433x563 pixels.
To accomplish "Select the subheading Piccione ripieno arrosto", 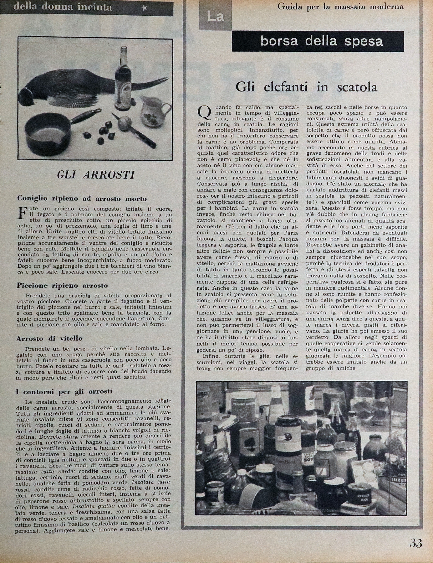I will (x=62, y=286).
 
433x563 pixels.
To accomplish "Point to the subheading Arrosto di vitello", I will (x=49, y=338).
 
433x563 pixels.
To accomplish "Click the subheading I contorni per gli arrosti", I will (x=64, y=391).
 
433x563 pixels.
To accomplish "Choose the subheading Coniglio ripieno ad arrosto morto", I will (x=82, y=199).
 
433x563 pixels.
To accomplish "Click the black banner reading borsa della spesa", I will (x=318, y=41).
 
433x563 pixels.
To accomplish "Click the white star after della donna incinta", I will (x=144, y=8).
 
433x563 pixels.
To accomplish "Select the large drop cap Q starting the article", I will (x=204, y=113).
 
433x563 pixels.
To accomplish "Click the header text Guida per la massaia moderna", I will (x=340, y=7).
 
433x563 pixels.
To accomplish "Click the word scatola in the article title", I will (x=357, y=87).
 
